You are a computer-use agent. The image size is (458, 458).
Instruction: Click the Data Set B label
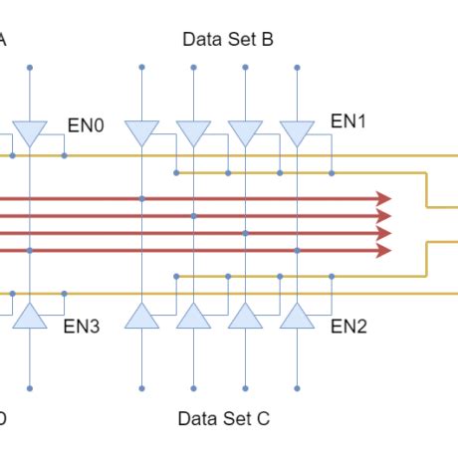[228, 40]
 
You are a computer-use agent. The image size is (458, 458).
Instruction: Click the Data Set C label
[224, 418]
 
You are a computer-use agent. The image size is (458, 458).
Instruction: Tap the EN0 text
[86, 125]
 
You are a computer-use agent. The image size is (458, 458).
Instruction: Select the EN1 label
[348, 121]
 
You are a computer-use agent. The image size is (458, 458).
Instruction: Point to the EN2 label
[348, 326]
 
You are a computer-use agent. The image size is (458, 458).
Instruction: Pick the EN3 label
[82, 326]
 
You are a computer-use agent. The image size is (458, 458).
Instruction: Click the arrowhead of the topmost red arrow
[384, 199]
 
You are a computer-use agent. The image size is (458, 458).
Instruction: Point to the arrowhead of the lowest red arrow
[384, 250]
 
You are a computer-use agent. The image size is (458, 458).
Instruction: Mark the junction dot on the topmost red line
[142, 199]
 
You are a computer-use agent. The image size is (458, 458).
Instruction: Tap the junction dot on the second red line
[193, 216]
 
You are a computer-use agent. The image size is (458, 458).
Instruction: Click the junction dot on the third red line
[245, 233]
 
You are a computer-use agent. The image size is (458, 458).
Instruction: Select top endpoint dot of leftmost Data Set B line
[142, 68]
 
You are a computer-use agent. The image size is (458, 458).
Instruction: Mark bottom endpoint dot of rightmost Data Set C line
[297, 387]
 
